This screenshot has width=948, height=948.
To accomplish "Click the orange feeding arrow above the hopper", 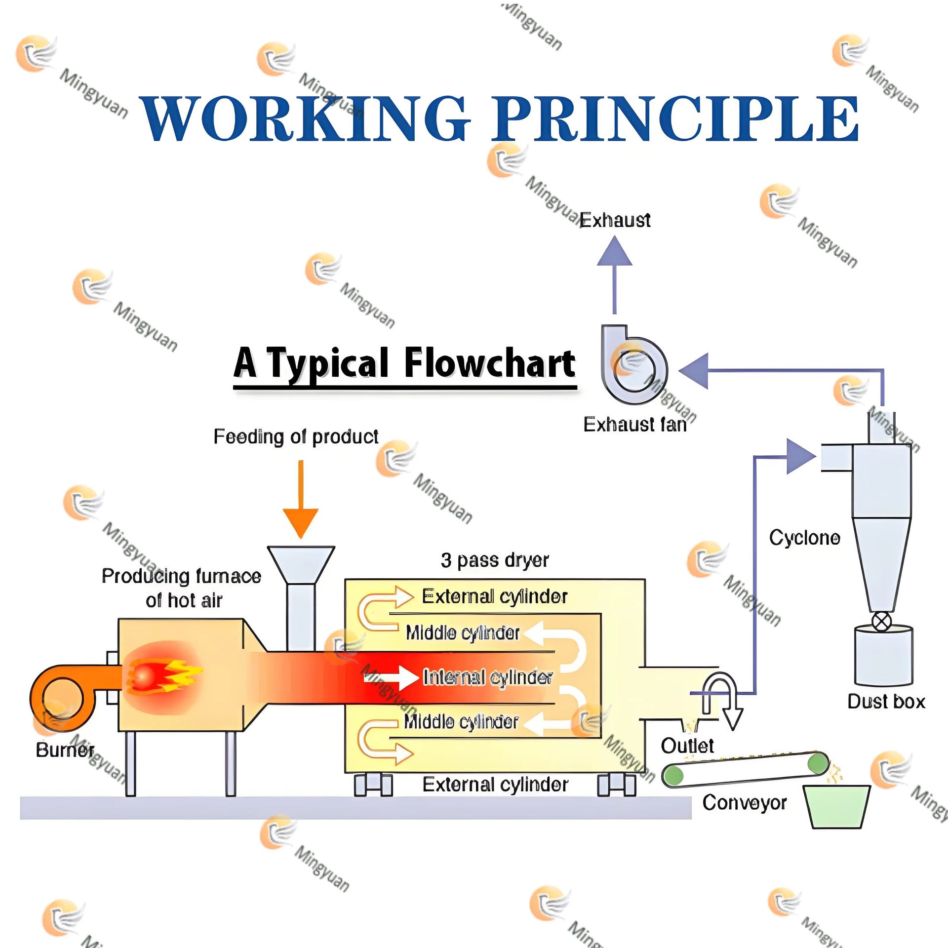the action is [301, 499].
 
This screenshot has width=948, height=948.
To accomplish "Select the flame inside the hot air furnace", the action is [163, 675].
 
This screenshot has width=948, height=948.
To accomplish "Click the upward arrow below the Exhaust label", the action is [615, 275].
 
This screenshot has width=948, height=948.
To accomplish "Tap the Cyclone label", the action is [804, 538].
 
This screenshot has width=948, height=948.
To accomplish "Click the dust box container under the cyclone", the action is [884, 655].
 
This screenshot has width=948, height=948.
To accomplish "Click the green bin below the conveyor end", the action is [836, 806].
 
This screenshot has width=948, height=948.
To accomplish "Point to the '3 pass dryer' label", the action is [495, 560].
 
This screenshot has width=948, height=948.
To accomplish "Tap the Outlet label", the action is [687, 746].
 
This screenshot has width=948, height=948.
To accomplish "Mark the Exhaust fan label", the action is [635, 425].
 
